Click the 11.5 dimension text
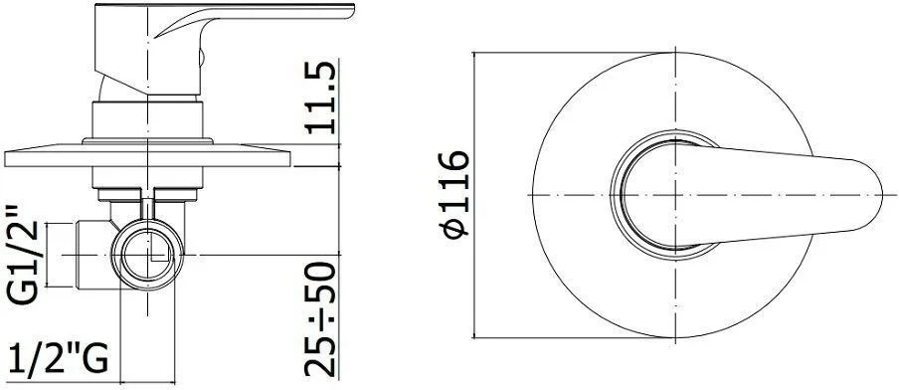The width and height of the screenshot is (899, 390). pyautogui.click(x=320, y=97)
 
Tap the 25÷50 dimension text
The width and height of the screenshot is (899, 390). pyautogui.click(x=320, y=319)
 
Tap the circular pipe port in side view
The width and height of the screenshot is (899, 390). pyautogui.click(x=147, y=254)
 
